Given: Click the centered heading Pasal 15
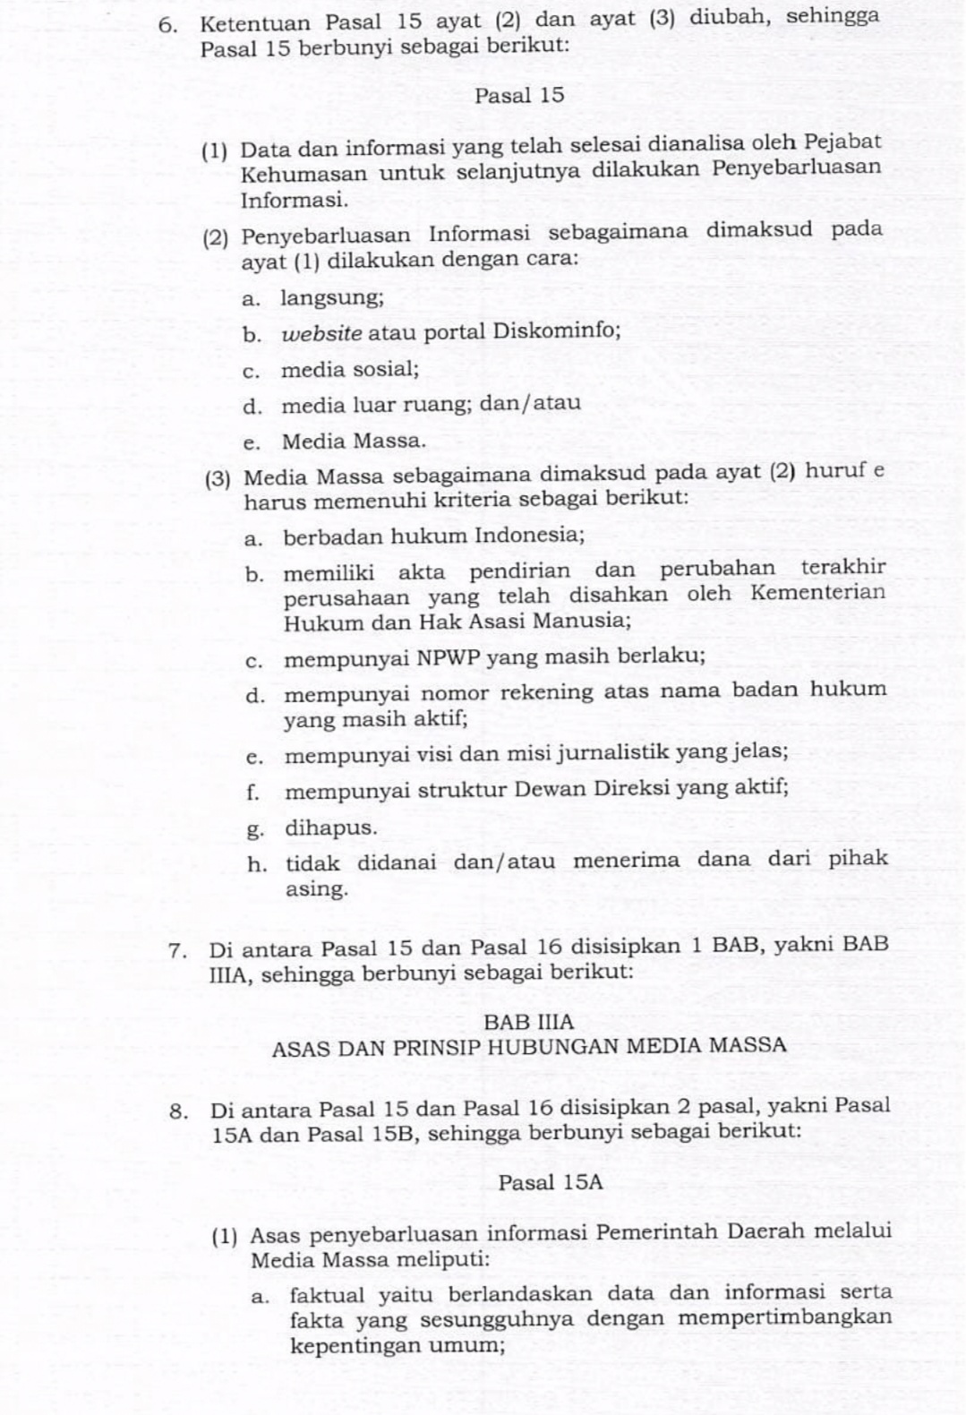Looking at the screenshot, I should pyautogui.click(x=519, y=96).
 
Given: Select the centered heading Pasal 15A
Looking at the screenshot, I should pyautogui.click(x=551, y=1182).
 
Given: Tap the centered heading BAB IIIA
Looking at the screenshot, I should pyautogui.click(x=528, y=1021).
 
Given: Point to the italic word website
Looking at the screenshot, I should pyautogui.click(x=322, y=332).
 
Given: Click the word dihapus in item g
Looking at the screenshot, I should pyautogui.click(x=330, y=828).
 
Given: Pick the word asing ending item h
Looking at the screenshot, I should pyautogui.click(x=316, y=889).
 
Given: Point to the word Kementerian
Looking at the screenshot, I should pyautogui.click(x=818, y=593).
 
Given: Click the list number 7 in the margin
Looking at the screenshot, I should pyautogui.click(x=176, y=949).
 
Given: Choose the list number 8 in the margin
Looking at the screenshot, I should pyautogui.click(x=178, y=1111).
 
